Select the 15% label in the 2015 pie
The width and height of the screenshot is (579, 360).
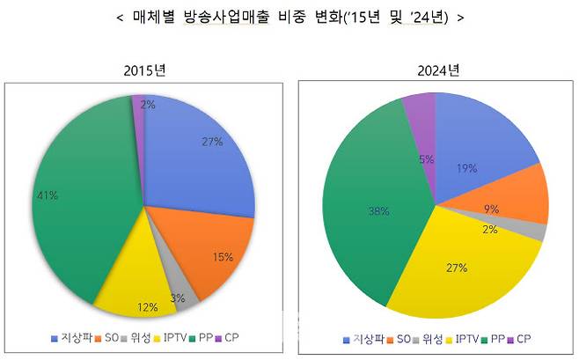click(x=224, y=257)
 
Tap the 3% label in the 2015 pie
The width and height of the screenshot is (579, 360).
click(x=178, y=298)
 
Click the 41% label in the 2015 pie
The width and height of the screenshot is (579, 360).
click(x=45, y=195)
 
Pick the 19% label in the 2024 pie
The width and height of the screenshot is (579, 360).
click(x=467, y=168)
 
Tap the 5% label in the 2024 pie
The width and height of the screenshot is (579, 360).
click(x=423, y=159)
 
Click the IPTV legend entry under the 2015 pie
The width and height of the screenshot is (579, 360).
click(x=172, y=337)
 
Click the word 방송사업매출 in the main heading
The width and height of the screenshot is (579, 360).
click(x=238, y=17)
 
